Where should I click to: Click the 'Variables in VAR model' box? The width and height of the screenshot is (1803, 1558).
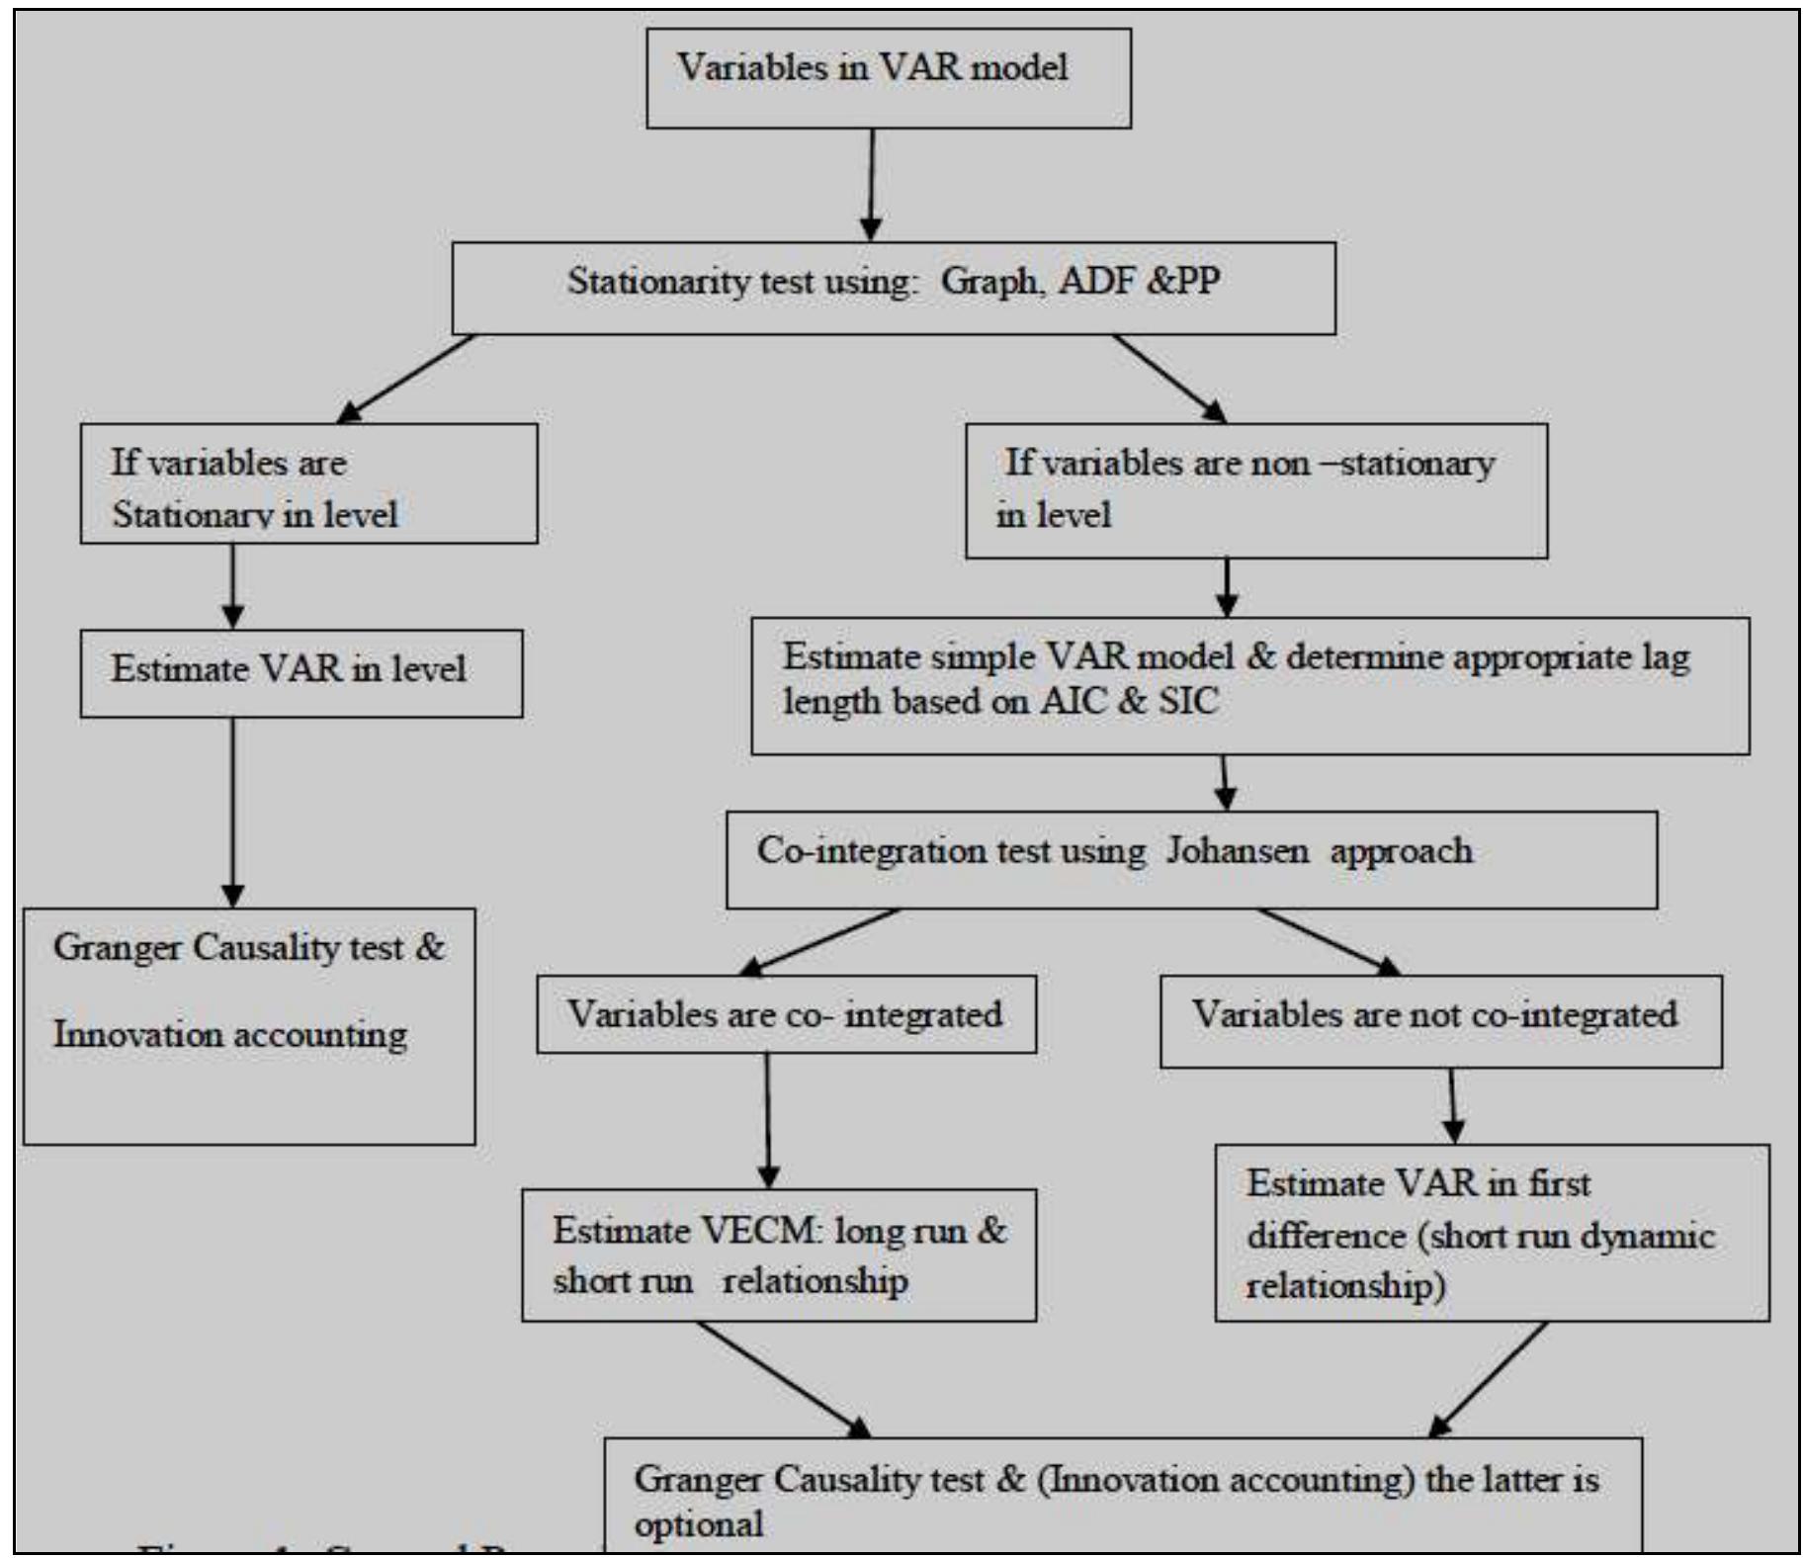[x=888, y=78]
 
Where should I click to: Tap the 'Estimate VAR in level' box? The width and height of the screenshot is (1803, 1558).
[x=300, y=673]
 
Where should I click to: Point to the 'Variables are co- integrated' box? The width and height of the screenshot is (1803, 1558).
[x=786, y=1014]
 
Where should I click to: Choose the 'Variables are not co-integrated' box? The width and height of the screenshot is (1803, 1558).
[x=1439, y=1020]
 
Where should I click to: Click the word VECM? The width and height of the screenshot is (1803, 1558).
[x=759, y=1232]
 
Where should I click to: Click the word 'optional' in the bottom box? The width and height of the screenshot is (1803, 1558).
[x=698, y=1524]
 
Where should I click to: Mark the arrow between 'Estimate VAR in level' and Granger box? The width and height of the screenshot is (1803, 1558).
[x=232, y=811]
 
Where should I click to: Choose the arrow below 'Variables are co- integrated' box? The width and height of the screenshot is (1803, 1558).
[x=768, y=1119]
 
